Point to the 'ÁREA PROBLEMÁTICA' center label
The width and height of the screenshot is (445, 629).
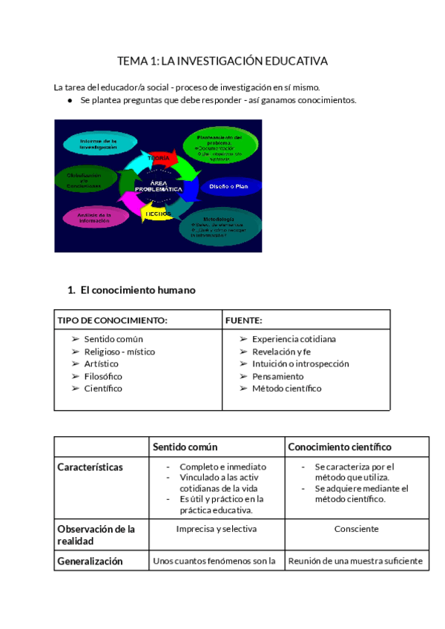tap(158, 186)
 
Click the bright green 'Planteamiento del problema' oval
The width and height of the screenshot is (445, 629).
tap(220, 148)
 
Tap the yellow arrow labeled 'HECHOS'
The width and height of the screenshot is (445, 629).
tap(157, 214)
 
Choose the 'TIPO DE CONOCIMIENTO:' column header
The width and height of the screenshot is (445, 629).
tap(113, 320)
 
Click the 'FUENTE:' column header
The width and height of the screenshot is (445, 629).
tap(244, 320)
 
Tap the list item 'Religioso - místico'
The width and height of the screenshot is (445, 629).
tap(119, 352)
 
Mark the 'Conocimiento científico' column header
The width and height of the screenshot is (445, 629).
tap(340, 447)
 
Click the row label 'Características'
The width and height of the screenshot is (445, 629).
tap(90, 467)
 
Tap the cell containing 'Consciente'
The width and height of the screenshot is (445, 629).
tap(356, 529)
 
